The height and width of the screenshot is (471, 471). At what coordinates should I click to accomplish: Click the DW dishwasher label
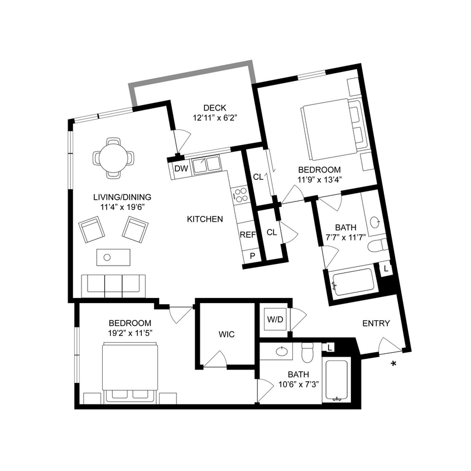181,169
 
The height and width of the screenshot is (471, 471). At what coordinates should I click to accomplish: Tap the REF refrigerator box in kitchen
247,234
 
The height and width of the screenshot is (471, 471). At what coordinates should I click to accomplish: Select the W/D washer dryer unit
275,320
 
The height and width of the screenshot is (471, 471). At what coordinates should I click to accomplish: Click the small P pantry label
252,256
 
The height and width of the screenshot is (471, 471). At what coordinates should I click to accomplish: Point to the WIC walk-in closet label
227,335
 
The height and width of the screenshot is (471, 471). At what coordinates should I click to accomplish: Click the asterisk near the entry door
394,364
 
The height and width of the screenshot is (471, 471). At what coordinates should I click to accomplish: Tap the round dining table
113,158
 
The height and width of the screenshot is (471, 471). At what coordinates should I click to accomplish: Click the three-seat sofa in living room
113,285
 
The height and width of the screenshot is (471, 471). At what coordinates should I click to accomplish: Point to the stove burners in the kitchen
241,194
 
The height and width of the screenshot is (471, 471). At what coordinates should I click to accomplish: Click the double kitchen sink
206,165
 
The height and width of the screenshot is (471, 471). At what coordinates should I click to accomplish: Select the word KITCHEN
205,219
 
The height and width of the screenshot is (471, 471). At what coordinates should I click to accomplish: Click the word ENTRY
376,324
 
